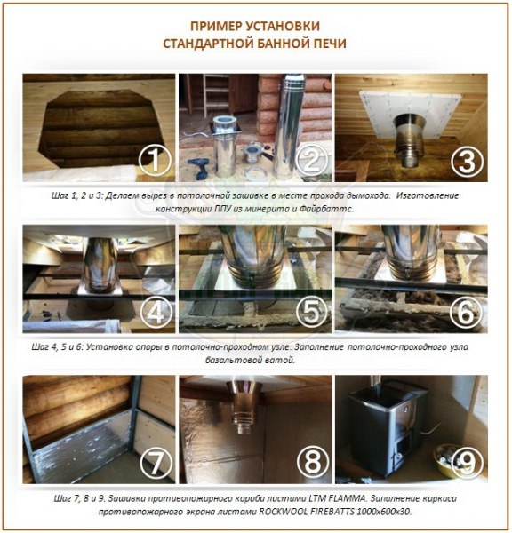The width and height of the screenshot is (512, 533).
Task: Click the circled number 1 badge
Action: pos(156,161)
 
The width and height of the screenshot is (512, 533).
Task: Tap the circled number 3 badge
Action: pos(467,161)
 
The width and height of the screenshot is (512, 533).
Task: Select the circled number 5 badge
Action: pos(312,312)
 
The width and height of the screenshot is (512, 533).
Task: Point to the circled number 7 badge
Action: pos(156,462)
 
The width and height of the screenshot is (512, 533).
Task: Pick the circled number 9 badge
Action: pos(467,462)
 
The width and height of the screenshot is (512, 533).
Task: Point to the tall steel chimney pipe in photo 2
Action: pos(290,126)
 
